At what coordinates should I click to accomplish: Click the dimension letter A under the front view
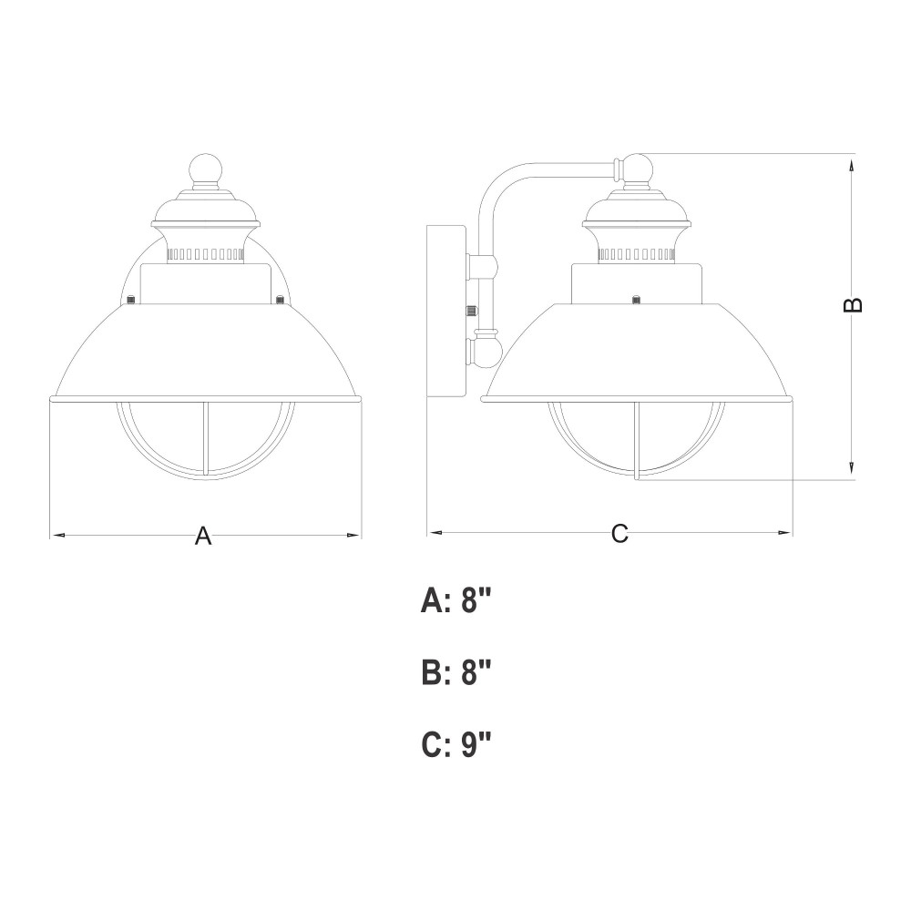coord(203,536)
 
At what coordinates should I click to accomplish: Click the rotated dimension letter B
coord(853,305)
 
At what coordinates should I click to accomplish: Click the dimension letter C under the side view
coord(619,533)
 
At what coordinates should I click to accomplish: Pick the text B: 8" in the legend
coord(456,673)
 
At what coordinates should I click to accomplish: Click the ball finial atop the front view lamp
coord(206,169)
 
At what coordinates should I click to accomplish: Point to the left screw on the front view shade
coord(131,300)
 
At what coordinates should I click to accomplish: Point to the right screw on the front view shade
coord(280,300)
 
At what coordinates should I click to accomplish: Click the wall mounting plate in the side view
coord(446,311)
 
